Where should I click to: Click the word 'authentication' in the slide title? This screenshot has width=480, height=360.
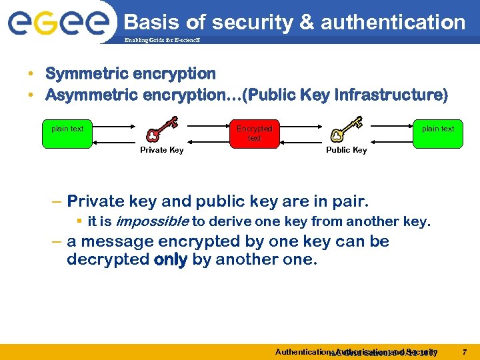pos(393,23)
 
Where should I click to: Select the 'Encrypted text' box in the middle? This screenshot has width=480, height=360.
pos(254,133)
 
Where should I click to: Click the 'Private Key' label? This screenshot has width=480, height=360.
pos(162,150)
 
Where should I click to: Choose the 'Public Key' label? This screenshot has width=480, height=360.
pos(346,150)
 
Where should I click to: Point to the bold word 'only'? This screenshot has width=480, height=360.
pos(170,259)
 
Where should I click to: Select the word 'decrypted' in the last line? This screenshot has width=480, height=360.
pos(108,259)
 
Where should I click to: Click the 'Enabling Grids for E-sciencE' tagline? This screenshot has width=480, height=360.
pos(161,40)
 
